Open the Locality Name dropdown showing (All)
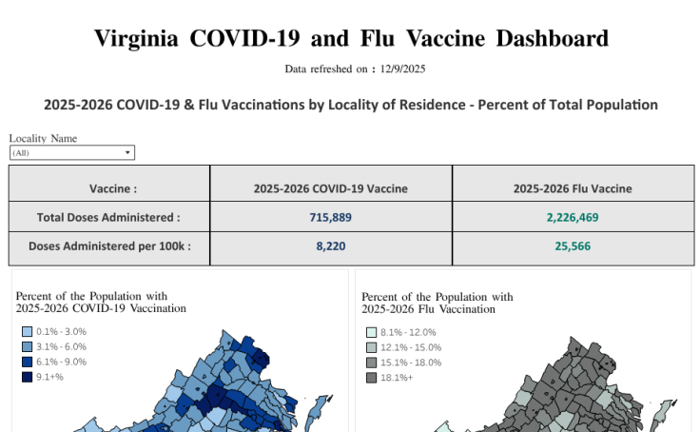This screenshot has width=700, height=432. point(72,152)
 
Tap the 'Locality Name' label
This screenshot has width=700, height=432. point(43,138)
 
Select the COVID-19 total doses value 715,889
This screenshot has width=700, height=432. point(331,217)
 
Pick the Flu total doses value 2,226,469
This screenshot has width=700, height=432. point(573,217)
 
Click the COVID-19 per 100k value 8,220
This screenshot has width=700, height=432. point(331,245)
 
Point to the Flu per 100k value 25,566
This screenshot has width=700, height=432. point(573,245)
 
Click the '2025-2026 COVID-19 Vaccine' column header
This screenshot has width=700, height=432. point(331,188)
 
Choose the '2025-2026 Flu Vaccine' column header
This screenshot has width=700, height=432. point(573,188)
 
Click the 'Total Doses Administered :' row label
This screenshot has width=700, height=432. point(108,217)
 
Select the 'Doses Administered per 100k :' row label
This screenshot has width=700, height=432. point(109,245)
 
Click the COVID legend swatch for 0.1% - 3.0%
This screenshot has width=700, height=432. point(27,332)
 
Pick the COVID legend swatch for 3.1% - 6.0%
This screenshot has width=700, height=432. point(27,347)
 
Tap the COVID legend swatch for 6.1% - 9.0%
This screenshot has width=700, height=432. point(27,363)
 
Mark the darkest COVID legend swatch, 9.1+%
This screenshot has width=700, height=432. point(27,378)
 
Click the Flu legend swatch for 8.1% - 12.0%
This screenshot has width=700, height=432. point(372,332)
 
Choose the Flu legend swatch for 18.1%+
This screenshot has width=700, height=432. point(372,378)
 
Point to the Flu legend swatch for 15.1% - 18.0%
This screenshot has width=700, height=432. point(372,363)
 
